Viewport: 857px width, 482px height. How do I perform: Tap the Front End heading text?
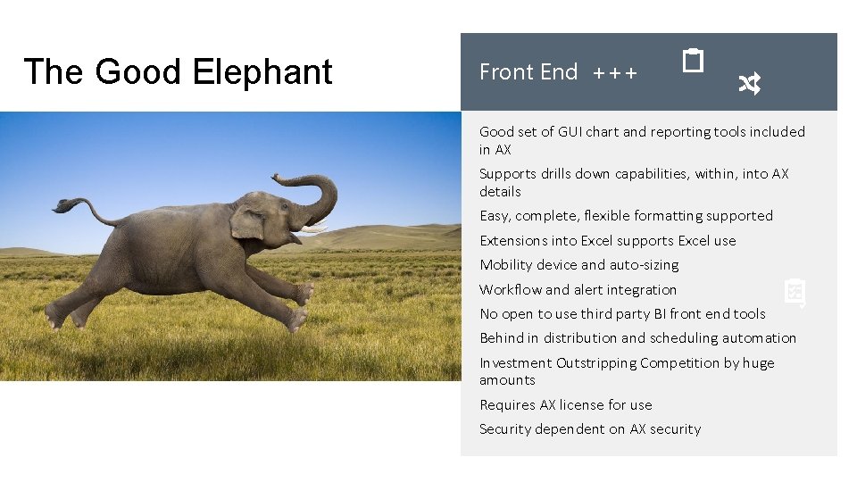point(528,72)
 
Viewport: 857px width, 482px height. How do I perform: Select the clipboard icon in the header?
point(693,61)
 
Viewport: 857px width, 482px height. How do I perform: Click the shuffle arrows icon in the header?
point(749,84)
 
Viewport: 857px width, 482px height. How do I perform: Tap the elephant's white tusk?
point(312,229)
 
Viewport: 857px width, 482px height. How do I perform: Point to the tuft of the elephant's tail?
point(62,205)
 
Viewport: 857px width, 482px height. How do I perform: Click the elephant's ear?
point(247,220)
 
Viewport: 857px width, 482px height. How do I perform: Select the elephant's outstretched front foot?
point(304,294)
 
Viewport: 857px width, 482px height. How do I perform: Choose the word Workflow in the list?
point(510,289)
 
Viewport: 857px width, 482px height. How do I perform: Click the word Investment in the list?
point(515,362)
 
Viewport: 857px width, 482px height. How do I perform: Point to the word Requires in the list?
point(507,404)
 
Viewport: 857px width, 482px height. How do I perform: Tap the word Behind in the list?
point(502,337)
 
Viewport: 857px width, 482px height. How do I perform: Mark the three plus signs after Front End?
point(615,73)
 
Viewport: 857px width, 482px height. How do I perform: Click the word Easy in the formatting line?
point(495,216)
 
